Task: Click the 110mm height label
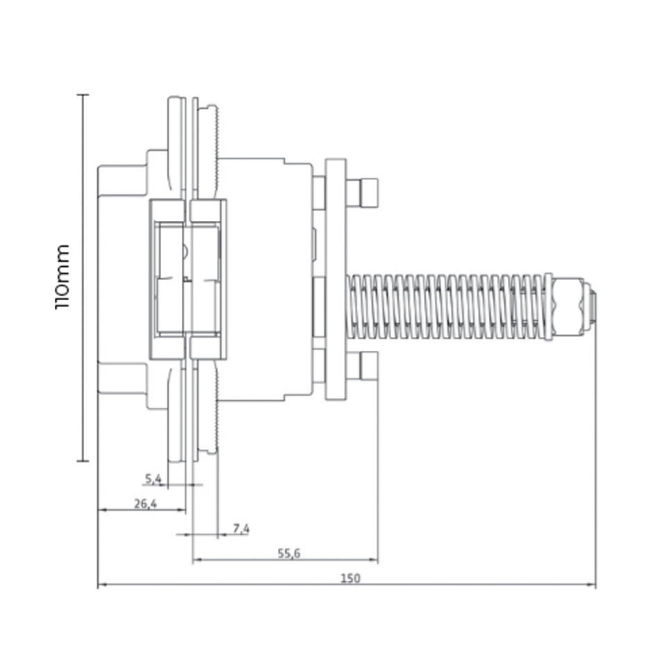(x=62, y=277)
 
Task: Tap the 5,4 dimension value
(x=154, y=479)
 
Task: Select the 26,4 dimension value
(x=145, y=504)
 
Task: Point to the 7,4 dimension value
(x=241, y=528)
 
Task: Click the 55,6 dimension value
(x=289, y=553)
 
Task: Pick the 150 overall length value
(x=350, y=578)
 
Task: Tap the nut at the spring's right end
(x=568, y=307)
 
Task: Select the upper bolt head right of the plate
(x=362, y=192)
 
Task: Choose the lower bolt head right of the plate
(x=362, y=365)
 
